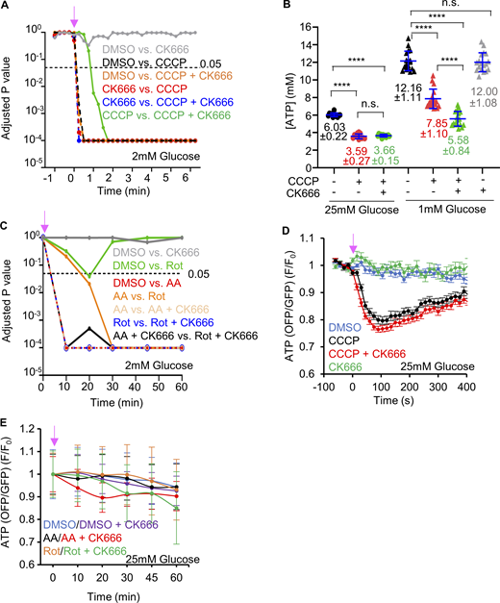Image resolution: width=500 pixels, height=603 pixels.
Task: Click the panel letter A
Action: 8,8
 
